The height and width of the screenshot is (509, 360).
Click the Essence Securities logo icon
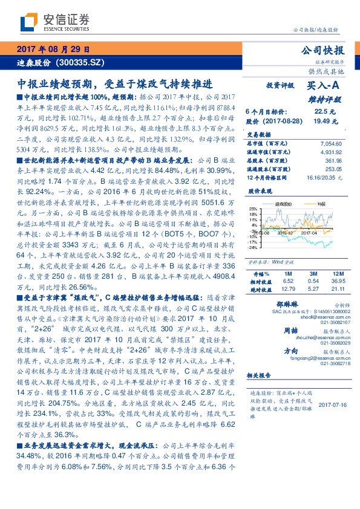click(27, 24)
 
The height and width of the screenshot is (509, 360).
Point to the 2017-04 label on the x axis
click(309, 232)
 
